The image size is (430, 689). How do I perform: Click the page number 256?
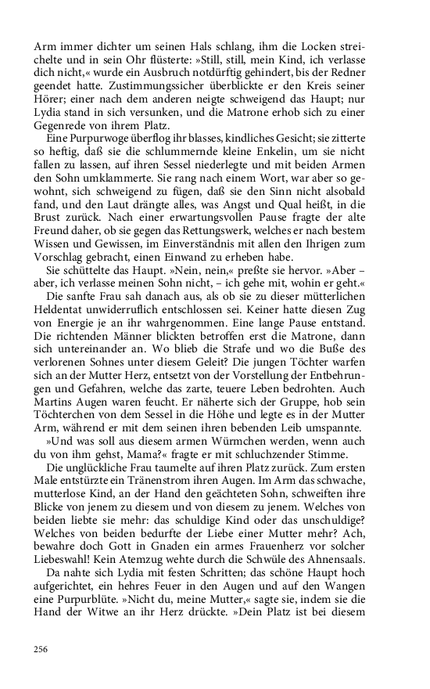41,649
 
